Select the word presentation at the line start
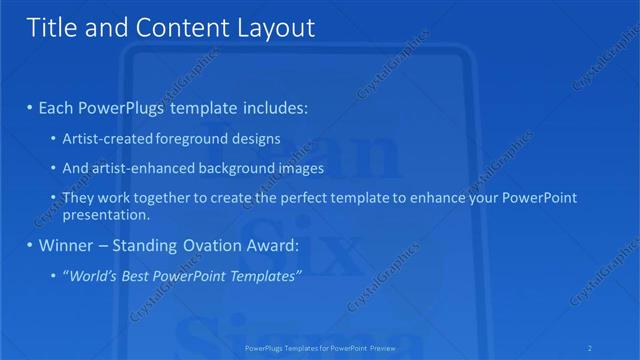pyautogui.click(x=105, y=214)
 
